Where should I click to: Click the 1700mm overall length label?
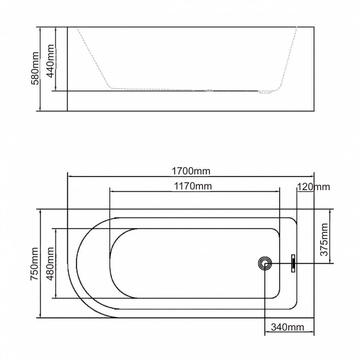click(x=191, y=170)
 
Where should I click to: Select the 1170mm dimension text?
click(x=193, y=186)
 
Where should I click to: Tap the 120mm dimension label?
click(x=313, y=187)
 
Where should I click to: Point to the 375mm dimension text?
click(x=324, y=239)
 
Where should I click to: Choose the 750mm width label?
click(x=34, y=264)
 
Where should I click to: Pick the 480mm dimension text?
click(x=50, y=264)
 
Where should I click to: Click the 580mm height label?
click(x=35, y=68)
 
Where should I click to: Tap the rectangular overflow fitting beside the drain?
click(x=293, y=263)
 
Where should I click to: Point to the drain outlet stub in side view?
click(x=265, y=92)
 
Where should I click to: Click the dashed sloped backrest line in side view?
click(x=94, y=58)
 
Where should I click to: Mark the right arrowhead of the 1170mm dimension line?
click(x=278, y=192)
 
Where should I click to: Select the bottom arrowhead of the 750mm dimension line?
click(x=40, y=316)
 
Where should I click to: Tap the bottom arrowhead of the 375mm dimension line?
click(x=330, y=262)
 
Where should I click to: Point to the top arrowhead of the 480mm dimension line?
click(x=56, y=230)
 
